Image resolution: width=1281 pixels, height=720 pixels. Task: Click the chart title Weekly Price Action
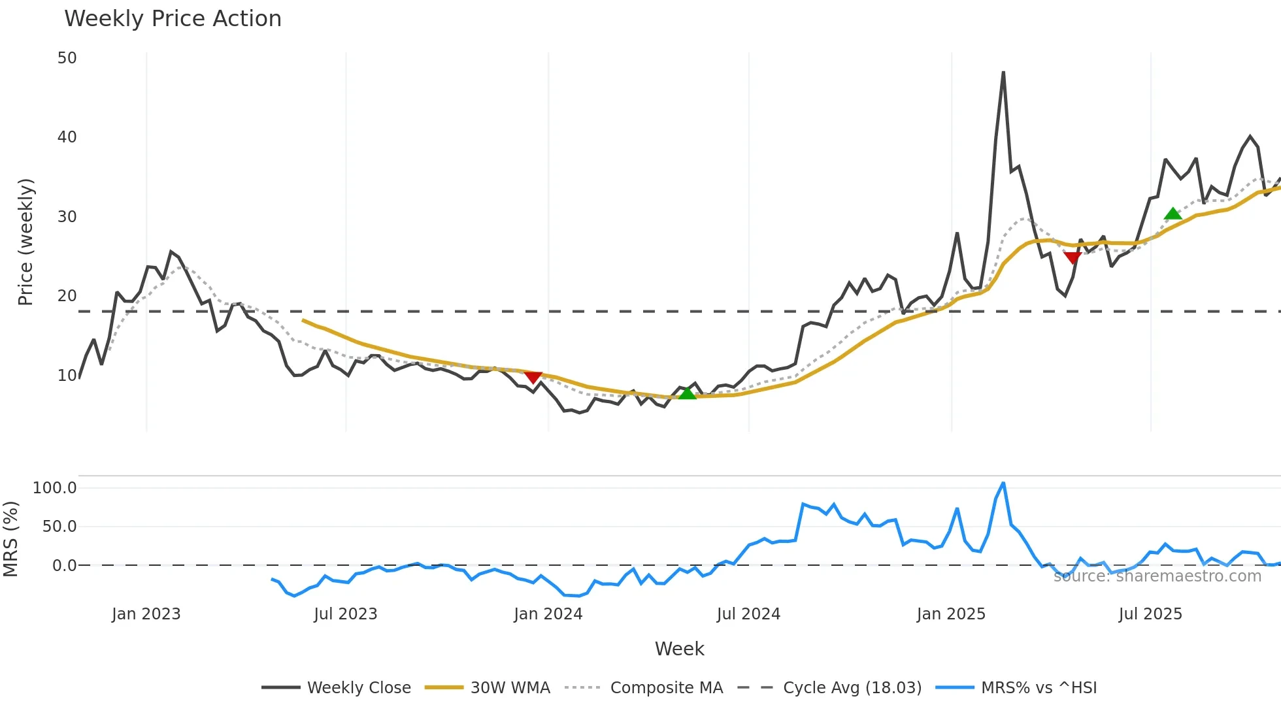173,19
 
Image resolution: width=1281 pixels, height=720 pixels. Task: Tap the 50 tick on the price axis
67,58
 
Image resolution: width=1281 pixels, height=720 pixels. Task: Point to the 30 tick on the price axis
67,217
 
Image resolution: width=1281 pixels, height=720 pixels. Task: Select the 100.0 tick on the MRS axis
55,488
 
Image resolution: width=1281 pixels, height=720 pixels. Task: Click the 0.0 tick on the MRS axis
64,566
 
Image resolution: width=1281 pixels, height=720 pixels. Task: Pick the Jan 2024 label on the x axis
548,614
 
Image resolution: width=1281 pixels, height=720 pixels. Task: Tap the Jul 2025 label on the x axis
1150,614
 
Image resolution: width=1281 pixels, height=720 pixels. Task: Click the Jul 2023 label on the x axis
345,614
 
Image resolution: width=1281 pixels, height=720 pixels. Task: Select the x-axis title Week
679,649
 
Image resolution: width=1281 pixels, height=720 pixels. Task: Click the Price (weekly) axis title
25,242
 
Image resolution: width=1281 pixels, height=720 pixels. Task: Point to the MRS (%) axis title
10,539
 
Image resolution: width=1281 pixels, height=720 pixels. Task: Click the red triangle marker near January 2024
533,378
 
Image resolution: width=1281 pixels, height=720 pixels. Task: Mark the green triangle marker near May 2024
688,393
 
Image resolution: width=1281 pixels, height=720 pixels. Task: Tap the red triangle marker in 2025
1073,257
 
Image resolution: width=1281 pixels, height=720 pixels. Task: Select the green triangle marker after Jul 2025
1173,214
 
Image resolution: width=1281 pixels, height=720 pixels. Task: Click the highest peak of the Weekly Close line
1003,73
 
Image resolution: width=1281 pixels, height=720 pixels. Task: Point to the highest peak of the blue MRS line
1003,483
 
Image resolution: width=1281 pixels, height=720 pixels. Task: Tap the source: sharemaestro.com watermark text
1157,576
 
